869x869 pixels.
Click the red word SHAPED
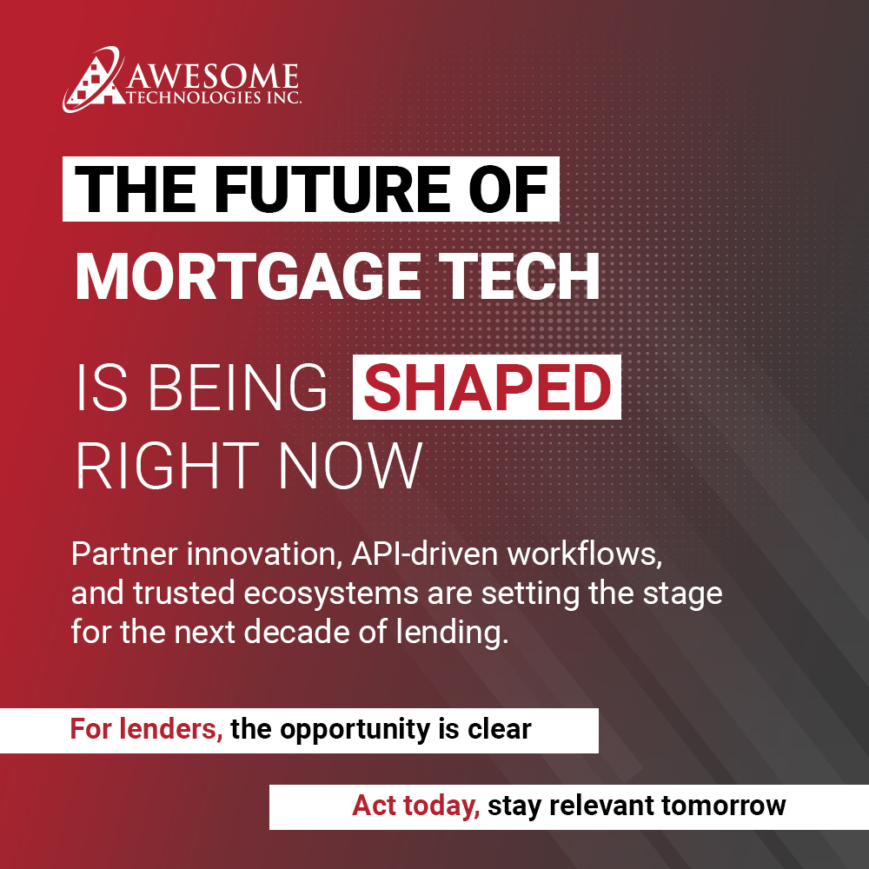[487, 388]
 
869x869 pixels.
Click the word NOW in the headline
[352, 467]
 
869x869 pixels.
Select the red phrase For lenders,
[146, 730]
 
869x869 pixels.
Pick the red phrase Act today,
[415, 806]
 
